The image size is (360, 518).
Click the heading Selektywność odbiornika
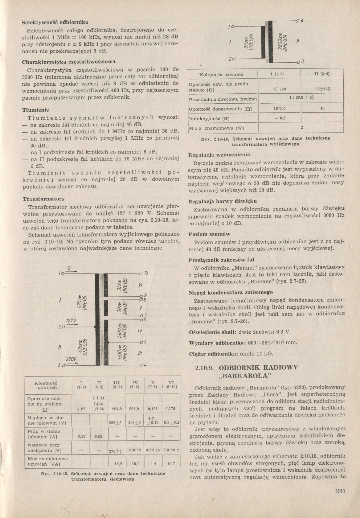[55, 22]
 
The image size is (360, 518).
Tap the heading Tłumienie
[36, 110]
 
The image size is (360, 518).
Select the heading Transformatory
[44, 199]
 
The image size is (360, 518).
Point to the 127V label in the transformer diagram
[71, 321]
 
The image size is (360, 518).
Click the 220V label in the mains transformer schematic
[71, 359]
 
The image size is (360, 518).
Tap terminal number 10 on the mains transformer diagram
[146, 273]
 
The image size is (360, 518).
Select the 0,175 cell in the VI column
[170, 409]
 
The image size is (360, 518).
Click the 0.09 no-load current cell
[99, 437]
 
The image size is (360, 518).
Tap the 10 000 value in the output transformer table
[280, 109]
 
